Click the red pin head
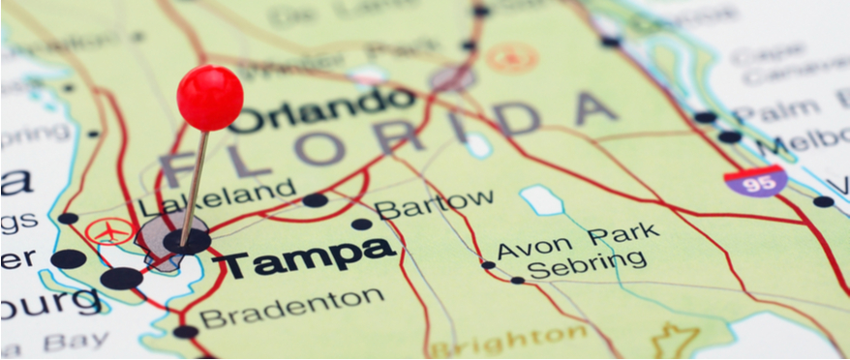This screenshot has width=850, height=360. tap(210, 98)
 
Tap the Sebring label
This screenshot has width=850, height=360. tap(587, 263)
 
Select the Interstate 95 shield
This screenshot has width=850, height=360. tap(755, 182)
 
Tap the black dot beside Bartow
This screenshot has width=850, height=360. tap(361, 224)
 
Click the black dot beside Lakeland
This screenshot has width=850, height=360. tap(315, 200)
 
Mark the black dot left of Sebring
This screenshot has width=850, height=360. tap(518, 281)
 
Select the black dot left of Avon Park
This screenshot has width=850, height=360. tap(488, 264)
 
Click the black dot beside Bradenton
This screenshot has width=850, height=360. tap(185, 332)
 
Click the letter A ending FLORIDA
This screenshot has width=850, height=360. tap(595, 110)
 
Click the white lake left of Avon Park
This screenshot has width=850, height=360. tap(542, 200)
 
